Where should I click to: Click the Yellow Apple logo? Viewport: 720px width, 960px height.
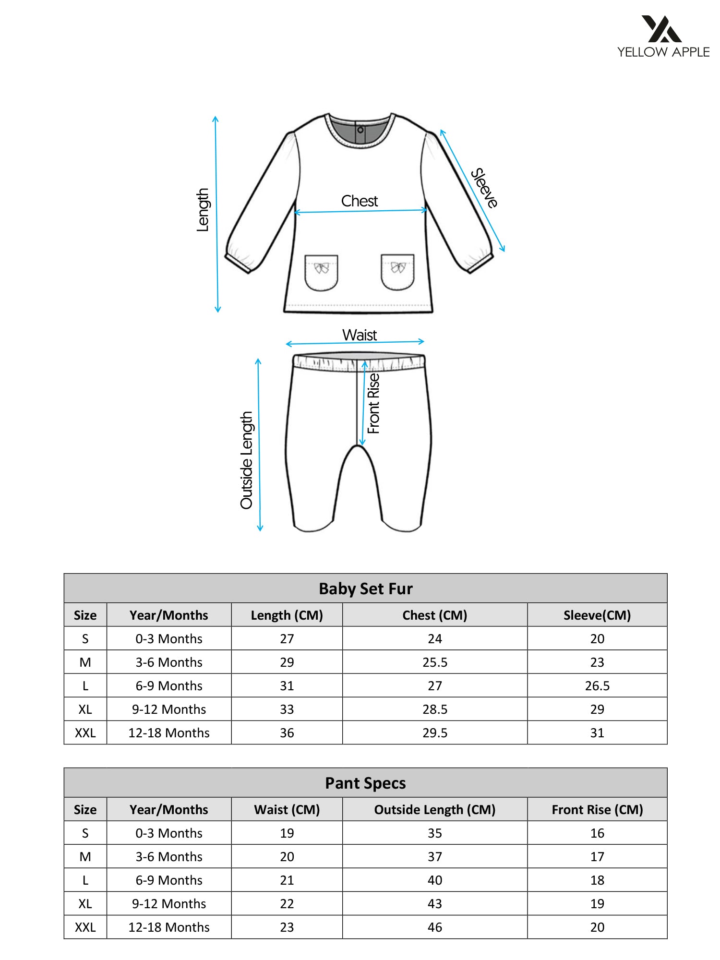click(663, 36)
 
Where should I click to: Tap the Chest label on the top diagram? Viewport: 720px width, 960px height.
click(360, 201)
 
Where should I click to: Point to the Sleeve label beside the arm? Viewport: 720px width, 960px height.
click(484, 188)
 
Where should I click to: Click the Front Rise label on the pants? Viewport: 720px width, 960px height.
click(373, 403)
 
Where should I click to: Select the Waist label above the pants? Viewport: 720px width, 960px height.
click(360, 335)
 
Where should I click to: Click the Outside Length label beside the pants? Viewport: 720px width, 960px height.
click(246, 460)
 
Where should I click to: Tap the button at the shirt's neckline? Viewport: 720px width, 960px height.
click(360, 130)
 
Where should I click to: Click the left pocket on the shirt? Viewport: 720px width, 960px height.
click(321, 272)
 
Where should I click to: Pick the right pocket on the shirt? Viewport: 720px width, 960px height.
click(397, 272)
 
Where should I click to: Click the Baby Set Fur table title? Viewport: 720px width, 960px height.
click(365, 588)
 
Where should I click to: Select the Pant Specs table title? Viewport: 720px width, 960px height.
click(365, 783)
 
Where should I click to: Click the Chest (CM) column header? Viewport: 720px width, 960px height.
click(434, 615)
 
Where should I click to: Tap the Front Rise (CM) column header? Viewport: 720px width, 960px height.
click(597, 809)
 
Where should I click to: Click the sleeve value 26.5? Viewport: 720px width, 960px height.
click(597, 685)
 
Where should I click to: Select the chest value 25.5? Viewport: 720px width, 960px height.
click(434, 662)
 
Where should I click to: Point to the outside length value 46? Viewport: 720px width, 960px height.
click(434, 927)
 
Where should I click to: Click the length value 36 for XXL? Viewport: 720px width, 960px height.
click(287, 732)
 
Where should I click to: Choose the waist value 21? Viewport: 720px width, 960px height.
click(287, 880)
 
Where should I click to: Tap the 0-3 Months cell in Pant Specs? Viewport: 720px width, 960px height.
click(169, 833)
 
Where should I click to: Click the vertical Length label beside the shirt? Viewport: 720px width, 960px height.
click(203, 210)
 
